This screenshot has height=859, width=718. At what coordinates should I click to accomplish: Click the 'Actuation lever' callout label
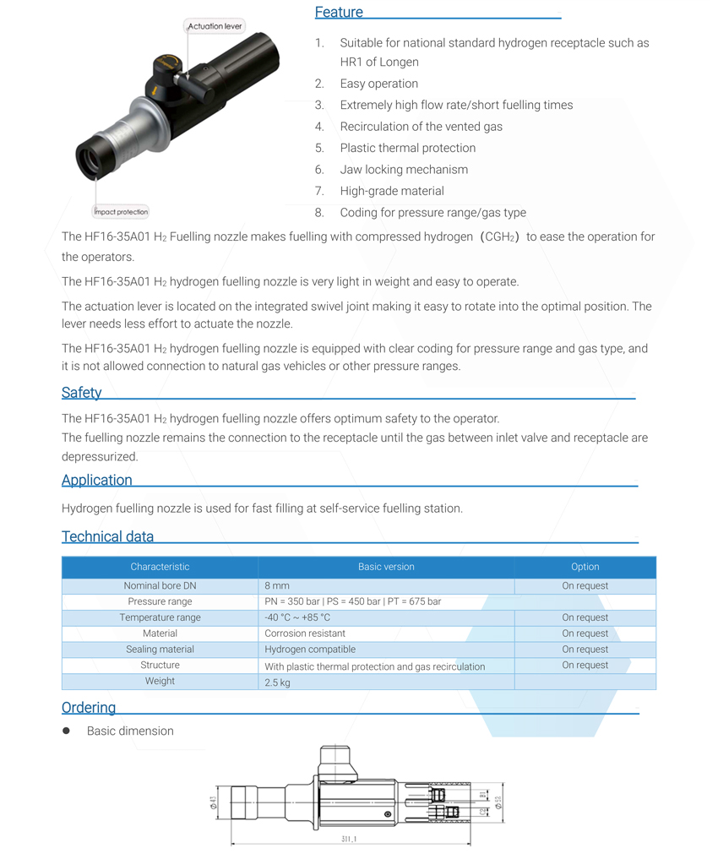[x=215, y=26]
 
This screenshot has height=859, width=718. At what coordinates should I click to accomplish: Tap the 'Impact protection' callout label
[x=120, y=212]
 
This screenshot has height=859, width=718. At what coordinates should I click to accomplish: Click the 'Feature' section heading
[x=339, y=12]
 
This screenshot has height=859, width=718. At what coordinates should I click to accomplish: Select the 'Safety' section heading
[x=81, y=393]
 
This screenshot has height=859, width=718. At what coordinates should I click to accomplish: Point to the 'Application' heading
[x=96, y=480]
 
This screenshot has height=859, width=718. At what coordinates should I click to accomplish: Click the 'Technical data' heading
[x=107, y=536]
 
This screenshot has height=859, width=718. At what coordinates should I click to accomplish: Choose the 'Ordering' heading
[x=88, y=707]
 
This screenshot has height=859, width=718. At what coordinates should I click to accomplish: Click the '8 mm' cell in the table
[x=277, y=585]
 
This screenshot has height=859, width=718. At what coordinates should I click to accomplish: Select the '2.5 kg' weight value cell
[x=277, y=682]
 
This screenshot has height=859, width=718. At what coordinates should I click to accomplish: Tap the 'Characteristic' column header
[x=160, y=567]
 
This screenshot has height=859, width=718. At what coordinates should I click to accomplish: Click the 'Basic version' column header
[x=386, y=567]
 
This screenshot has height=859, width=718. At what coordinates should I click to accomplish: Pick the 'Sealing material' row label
[x=160, y=650]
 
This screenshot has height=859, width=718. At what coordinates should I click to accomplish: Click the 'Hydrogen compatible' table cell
[x=310, y=650]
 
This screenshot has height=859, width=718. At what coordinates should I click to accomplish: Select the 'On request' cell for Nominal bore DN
[x=585, y=585]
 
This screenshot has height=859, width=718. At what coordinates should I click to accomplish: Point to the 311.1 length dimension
[x=349, y=839]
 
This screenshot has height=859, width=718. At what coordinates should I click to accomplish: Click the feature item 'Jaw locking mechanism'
[x=404, y=169]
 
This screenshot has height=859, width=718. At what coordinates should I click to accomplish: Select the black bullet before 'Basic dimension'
[x=66, y=731]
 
